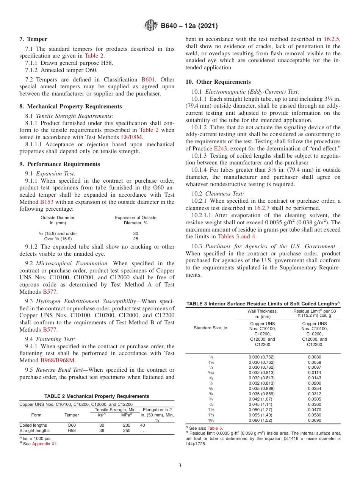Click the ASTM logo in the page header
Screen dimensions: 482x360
[x=151, y=26]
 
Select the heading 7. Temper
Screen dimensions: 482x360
[x=33, y=39]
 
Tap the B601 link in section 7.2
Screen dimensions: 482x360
[x=148, y=80]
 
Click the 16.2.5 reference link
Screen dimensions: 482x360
[x=332, y=39]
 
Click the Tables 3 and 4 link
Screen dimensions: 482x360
[x=236, y=236]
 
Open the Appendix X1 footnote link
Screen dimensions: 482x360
[x=45, y=444]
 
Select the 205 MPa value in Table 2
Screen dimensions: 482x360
[x=127, y=425]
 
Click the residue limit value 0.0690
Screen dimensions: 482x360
[x=314, y=420]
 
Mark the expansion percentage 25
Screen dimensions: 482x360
[x=136, y=239]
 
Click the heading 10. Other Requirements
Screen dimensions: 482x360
[x=218, y=82]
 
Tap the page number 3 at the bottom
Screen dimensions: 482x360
[x=180, y=465]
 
